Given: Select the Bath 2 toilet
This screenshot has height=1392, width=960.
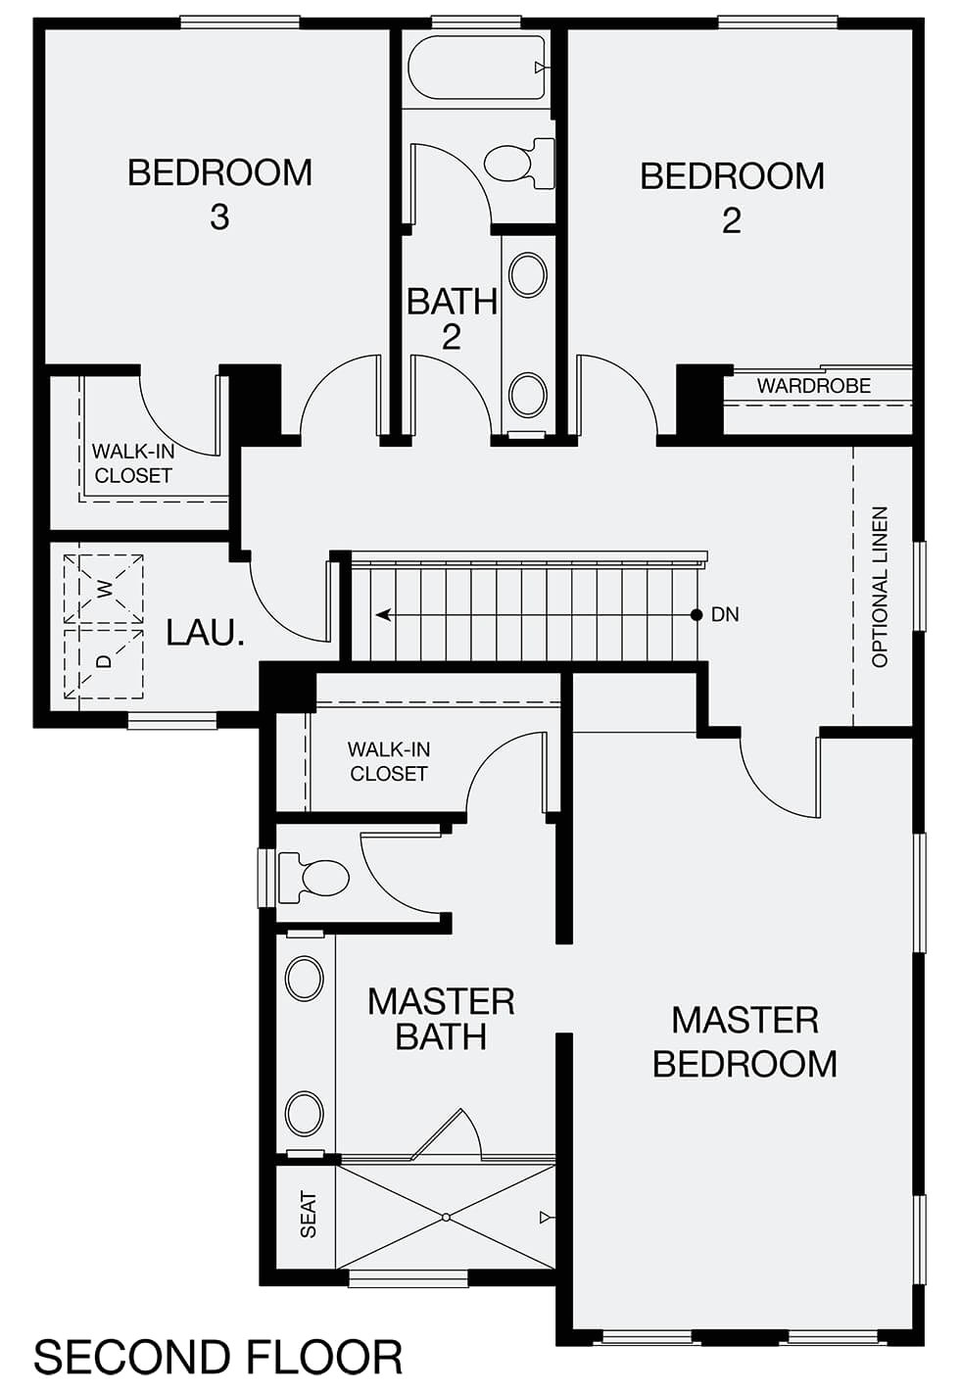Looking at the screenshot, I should [x=518, y=164].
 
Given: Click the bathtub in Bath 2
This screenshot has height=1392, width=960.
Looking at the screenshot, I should [x=475, y=68].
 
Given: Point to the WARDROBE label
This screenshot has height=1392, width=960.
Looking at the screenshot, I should [x=813, y=386].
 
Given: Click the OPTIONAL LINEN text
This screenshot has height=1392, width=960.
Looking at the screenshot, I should [x=880, y=587].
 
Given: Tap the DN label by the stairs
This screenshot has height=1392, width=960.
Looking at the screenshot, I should [x=725, y=615].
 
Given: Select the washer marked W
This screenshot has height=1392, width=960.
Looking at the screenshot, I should [x=104, y=589].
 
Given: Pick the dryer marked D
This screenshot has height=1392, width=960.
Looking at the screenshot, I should [x=104, y=661].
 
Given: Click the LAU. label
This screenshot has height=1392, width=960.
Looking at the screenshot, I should [x=205, y=633].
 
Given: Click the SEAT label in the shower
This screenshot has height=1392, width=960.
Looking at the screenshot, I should [x=309, y=1214].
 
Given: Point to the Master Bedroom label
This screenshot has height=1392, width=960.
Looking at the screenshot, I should [x=744, y=1041].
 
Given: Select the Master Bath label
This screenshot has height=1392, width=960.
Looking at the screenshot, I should [x=441, y=1019].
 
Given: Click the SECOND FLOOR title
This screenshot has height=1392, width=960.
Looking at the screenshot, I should [x=217, y=1358].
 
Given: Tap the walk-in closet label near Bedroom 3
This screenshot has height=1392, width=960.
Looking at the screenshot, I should [x=133, y=463].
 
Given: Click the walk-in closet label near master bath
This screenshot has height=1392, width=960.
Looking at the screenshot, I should [x=389, y=761].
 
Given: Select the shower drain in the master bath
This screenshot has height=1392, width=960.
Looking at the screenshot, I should [x=446, y=1217].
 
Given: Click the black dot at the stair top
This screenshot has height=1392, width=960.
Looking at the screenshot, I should [x=696, y=615].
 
